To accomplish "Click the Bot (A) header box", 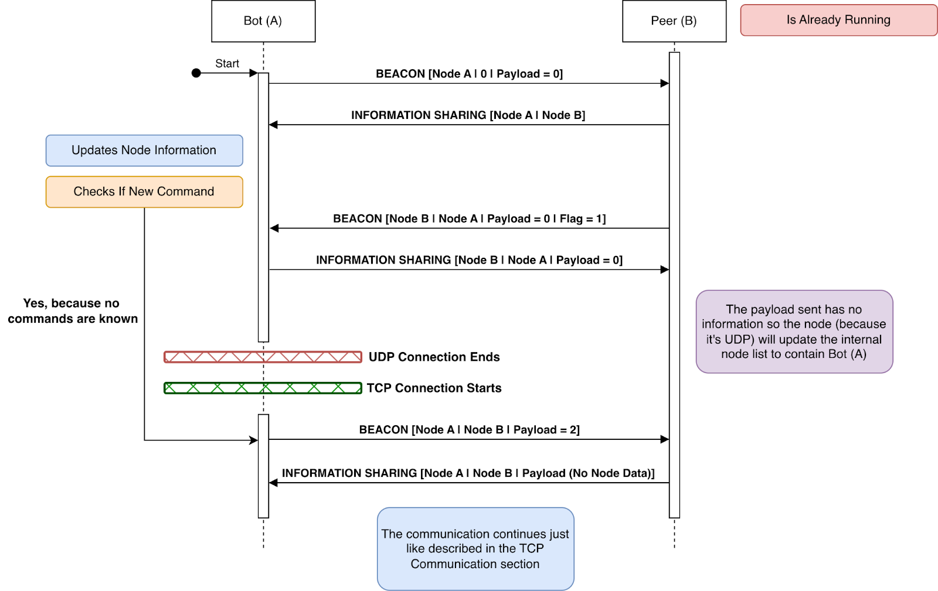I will click(263, 21).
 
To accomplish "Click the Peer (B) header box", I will click(674, 21).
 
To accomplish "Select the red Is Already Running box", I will click(838, 20).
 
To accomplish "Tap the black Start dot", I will click(196, 73).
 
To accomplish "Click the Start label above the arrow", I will click(227, 63).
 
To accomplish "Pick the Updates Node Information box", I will click(144, 151).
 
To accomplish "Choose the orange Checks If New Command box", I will click(144, 192).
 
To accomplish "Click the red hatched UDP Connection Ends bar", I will click(263, 357).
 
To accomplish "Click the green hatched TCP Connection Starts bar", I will click(263, 388).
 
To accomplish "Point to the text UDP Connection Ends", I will click(434, 357).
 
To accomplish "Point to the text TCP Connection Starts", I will click(434, 388).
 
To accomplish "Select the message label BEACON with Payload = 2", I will click(469, 429).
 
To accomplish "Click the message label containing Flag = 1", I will click(469, 218).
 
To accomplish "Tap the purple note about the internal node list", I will click(794, 332).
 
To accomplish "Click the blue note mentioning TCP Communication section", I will click(475, 549).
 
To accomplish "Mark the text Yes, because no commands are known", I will click(72, 311).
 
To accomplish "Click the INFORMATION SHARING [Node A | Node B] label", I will click(468, 115).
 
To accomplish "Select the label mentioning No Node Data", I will click(468, 473).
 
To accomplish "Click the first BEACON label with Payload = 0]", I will click(469, 74).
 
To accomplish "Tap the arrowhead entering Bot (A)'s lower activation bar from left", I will click(254, 440).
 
